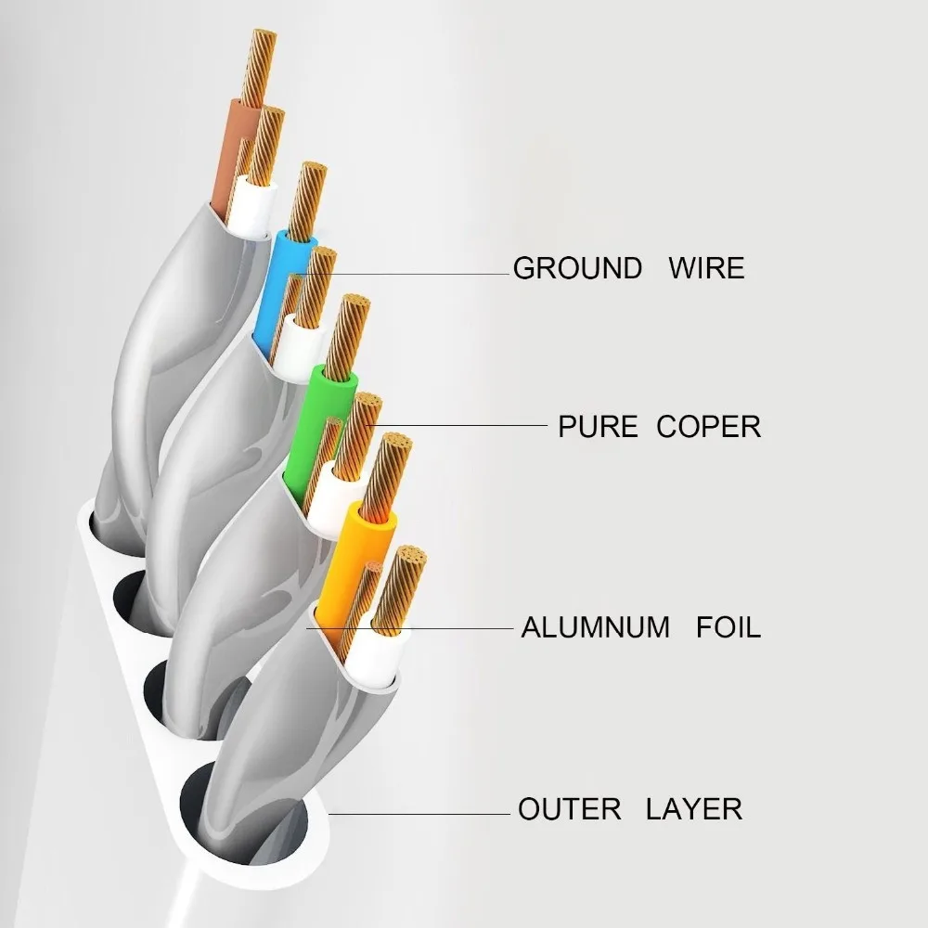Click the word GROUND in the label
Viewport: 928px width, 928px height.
coord(577,268)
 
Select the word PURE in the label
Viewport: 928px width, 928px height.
coord(598,427)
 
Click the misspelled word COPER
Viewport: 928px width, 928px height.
coord(709,427)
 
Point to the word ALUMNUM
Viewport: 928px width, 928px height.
coord(595,626)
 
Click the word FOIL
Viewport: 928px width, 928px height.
coord(728,626)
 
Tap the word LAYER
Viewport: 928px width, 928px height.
coord(694,808)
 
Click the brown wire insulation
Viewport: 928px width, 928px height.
coord(233,158)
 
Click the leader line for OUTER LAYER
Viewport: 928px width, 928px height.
coord(418,814)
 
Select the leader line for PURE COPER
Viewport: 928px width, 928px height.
coord(464,426)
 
